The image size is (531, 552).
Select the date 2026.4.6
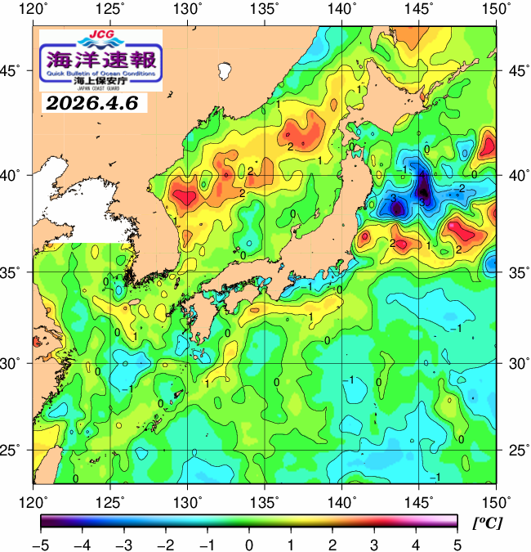point(91,104)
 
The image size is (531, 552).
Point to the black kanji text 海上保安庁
point(100,81)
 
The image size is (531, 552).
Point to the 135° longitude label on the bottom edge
point(266,500)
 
